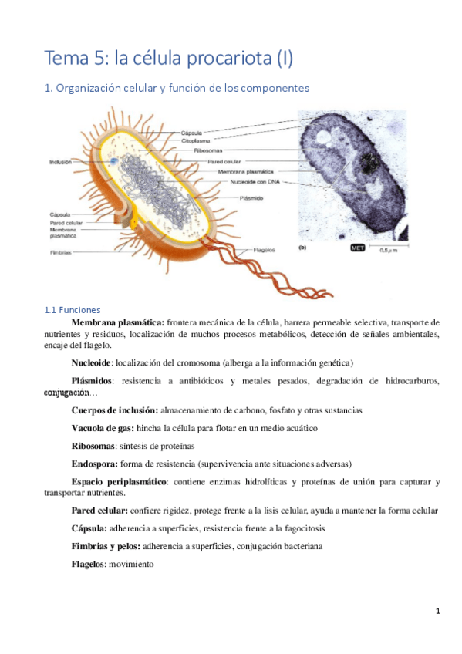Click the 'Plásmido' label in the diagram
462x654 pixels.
(252, 198)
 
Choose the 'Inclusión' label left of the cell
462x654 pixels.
(61, 162)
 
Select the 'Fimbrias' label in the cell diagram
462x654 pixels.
(61, 252)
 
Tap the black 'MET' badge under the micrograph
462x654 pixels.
(358, 248)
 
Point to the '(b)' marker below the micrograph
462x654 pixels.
(302, 248)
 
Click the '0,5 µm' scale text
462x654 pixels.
(389, 249)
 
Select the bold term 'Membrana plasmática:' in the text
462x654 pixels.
(117, 322)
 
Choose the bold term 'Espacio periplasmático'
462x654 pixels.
(118, 482)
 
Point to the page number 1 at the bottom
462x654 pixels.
(437, 612)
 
